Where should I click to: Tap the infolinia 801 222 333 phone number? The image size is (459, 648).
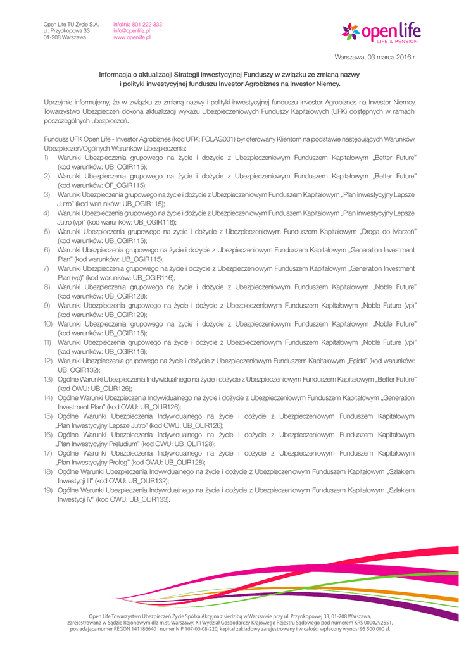coord(137,24)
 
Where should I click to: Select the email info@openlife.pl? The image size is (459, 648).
coord(132,30)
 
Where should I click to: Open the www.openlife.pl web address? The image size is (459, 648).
coord(132,37)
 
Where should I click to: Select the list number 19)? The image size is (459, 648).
coord(48,490)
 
